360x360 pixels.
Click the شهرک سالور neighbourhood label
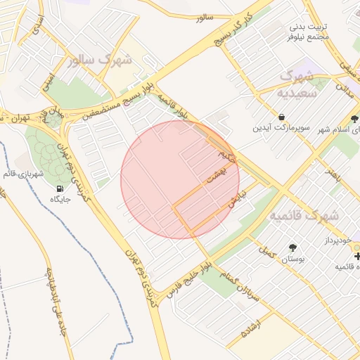coord(101,60)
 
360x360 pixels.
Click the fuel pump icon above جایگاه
coord(58,188)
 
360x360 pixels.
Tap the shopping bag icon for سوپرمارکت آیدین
coord(282,117)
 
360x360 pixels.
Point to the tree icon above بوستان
coord(292,247)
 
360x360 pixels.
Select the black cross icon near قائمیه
coord(357,255)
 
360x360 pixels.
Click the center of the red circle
coord(180,179)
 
